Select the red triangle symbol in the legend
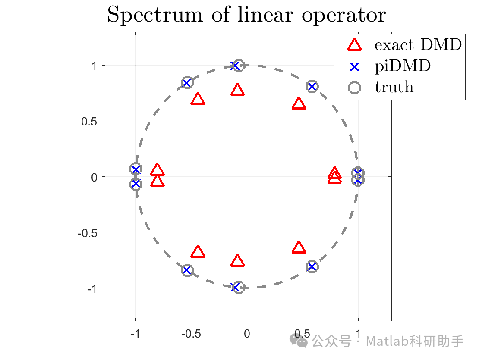pos(354,44)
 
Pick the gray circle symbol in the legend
pos(354,88)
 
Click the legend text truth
pos(394,88)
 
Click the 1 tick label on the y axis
pos(92,66)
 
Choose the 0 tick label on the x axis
pos(247,333)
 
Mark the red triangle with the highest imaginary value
pos(237,91)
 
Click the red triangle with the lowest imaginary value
pos(237,261)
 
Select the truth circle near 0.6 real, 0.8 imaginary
pos(312,87)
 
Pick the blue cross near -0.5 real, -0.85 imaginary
pos(187,270)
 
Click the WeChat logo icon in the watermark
pos(299,341)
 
